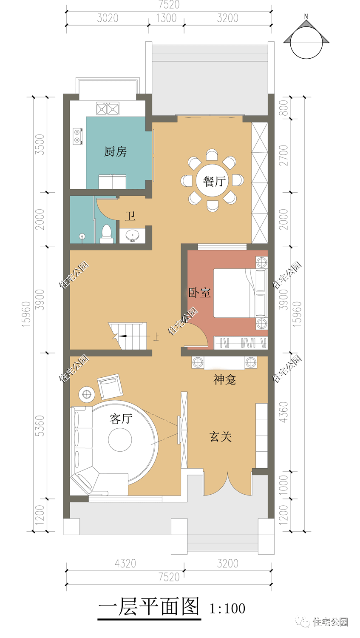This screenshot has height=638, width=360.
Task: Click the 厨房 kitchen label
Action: click(115, 151)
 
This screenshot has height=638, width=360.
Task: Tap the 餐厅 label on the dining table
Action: click(214, 181)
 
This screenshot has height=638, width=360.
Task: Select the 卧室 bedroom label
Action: click(199, 293)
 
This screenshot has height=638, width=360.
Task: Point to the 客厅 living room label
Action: click(121, 419)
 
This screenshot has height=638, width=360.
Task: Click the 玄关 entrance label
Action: click(221, 436)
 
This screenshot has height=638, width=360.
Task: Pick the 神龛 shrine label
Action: click(224, 379)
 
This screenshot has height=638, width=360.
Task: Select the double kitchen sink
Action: click(107, 109)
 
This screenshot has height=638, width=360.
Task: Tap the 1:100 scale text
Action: click(227, 608)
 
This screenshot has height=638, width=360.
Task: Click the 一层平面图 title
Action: click(149, 607)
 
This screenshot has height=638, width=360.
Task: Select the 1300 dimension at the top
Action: click(166, 18)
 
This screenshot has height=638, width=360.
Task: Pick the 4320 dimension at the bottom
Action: click(125, 564)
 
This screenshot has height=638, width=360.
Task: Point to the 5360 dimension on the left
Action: click(40, 426)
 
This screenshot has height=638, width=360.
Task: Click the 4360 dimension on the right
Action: click(283, 412)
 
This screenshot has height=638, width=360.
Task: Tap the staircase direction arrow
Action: click(123, 336)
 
